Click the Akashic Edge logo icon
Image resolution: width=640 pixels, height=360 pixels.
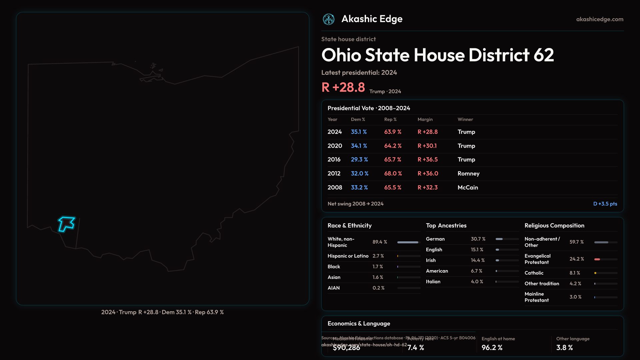[x=329, y=19]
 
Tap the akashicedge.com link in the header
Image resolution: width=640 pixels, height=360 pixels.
[x=600, y=19]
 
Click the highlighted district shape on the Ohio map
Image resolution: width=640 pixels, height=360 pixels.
[x=67, y=223]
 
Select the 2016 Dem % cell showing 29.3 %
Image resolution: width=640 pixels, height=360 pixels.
[x=359, y=160]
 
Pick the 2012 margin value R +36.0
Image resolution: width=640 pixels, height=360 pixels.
[x=428, y=174]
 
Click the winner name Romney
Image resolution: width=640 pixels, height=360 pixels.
[x=468, y=174]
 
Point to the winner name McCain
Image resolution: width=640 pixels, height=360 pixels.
[x=468, y=188]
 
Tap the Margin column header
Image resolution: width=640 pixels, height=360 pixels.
[x=425, y=119]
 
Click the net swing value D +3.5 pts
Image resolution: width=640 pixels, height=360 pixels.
[x=605, y=204]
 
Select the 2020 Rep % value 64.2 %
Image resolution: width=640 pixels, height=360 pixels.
[x=393, y=146]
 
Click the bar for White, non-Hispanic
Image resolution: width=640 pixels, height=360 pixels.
[x=408, y=242]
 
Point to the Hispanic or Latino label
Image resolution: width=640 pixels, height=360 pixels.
[x=348, y=256]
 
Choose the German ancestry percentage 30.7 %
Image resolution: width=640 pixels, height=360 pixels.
[x=478, y=239]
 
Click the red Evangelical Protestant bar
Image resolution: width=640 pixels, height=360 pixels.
[x=597, y=259]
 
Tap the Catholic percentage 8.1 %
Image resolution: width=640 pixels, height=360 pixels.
[x=575, y=273]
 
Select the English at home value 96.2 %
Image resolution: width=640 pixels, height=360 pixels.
[x=492, y=348]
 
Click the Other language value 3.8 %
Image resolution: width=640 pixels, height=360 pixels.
[x=564, y=348]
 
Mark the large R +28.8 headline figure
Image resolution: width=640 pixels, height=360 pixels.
[x=343, y=87]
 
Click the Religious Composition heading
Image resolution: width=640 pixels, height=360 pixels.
[x=554, y=226]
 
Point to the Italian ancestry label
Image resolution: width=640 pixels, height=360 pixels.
[x=433, y=282]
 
